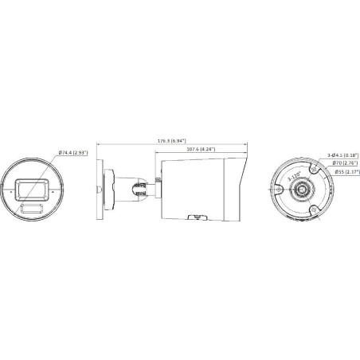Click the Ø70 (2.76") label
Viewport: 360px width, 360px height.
click(x=343, y=163)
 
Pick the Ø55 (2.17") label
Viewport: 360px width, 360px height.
click(x=343, y=171)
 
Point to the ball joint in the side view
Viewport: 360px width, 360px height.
click(x=137, y=190)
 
